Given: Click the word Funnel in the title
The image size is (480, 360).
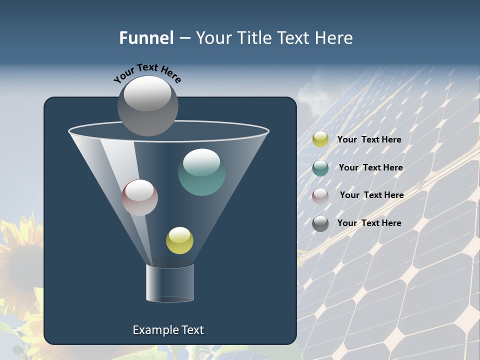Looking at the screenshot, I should pos(146,38).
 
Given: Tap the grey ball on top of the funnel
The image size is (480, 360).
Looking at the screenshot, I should pos(147,105).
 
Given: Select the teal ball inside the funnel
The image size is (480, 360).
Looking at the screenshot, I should pos(201,172).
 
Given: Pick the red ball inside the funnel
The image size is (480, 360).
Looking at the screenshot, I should pos(139,197).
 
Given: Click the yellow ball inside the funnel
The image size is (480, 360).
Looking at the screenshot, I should pos(179,240).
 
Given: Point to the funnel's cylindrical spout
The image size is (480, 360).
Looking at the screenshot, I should pos(170,283).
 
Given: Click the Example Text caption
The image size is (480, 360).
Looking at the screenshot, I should pos(168,330).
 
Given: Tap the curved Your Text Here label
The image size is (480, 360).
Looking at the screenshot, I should pos(147,73).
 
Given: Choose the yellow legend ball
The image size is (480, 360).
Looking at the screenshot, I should pos(320,139).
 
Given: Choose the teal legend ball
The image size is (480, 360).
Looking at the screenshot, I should pos(320,168).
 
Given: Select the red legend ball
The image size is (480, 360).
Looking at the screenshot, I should pos(320,195).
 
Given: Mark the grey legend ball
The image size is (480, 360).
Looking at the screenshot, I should pos(320,223).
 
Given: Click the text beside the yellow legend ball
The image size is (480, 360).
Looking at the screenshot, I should pos(369,140).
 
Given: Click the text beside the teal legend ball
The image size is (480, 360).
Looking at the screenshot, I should pos(370,168).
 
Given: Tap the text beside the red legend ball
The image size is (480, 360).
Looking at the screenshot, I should pos(371,195).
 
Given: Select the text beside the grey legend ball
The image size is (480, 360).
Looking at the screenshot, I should pos(369,223).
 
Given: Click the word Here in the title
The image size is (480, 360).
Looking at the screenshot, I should pos(334,38).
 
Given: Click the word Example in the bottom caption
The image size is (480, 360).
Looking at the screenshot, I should pos(152,330).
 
